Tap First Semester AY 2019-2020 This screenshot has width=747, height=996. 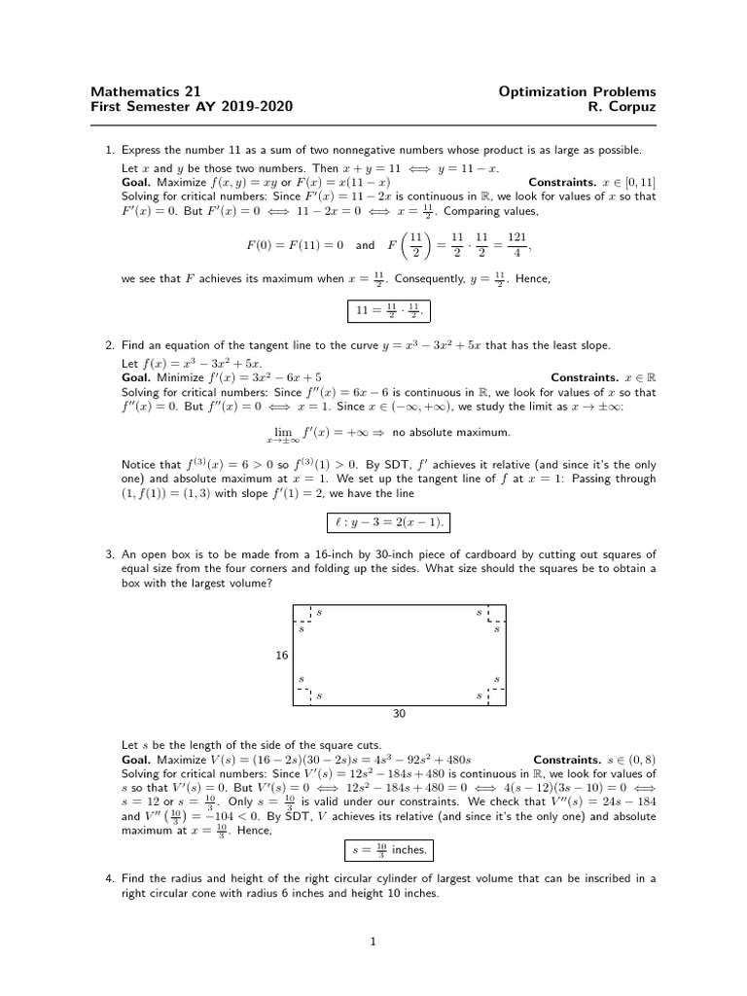click(x=191, y=107)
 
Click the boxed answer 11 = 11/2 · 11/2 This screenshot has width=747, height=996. click(x=387, y=312)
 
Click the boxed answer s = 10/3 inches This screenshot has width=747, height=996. click(x=387, y=851)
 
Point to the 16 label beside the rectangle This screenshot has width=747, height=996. click(x=281, y=656)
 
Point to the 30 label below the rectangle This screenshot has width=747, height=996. click(x=399, y=713)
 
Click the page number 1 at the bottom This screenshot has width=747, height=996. click(x=373, y=942)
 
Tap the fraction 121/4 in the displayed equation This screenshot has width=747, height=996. click(x=517, y=244)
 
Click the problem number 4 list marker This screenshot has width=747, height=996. click(x=109, y=878)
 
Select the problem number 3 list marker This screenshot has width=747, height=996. click(x=109, y=554)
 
